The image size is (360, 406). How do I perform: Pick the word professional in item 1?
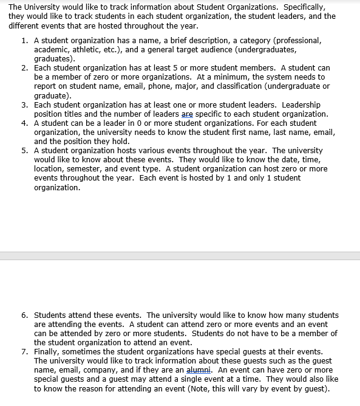click(296, 40)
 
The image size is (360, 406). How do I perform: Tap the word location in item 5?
click(49, 168)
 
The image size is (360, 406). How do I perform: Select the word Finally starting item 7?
click(49, 351)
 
